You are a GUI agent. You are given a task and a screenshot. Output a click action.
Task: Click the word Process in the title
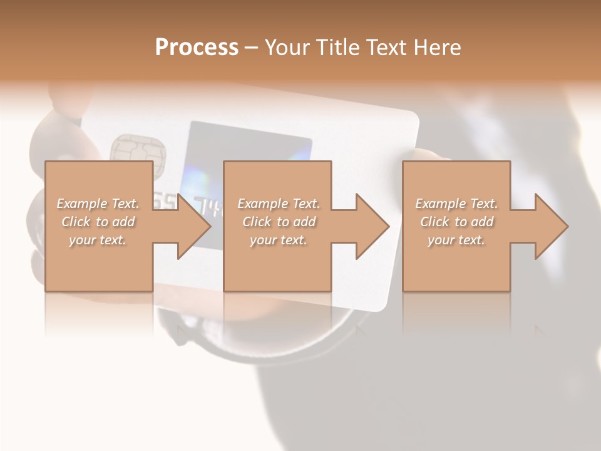197,48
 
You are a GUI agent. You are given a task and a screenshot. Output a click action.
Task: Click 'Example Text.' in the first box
98,204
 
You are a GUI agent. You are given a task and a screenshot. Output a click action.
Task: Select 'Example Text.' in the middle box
279,204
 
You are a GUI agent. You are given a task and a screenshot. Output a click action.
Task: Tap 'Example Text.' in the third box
456,204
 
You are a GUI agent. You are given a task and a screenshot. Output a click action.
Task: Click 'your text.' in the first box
98,240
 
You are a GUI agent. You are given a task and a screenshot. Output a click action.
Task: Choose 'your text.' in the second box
278,240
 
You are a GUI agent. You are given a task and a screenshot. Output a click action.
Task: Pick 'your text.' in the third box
456,240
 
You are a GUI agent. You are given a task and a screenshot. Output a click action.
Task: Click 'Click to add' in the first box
98,222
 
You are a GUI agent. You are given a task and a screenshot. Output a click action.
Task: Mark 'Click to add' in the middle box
279,222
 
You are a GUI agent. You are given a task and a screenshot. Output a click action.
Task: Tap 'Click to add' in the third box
456,222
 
